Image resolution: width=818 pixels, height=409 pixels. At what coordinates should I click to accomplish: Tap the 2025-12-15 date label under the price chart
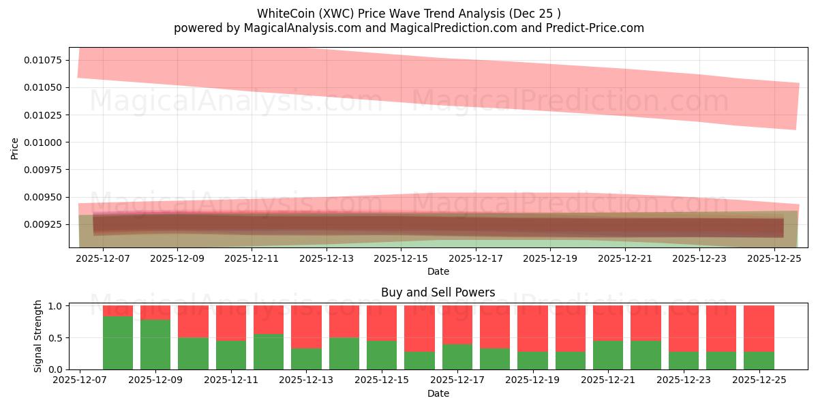pos(401,259)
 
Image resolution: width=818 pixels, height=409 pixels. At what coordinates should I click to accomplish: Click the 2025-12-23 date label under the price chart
pos(701,259)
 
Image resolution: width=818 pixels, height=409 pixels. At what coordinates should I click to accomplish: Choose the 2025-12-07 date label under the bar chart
pos(80,381)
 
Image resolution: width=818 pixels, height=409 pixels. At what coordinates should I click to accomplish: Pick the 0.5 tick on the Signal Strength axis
pos(55,337)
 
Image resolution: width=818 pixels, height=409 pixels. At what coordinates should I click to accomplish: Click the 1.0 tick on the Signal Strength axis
pos(55,306)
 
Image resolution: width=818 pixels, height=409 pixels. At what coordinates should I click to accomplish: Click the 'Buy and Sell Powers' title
pos(438,292)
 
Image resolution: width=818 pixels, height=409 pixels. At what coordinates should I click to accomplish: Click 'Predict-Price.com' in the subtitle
pos(598,28)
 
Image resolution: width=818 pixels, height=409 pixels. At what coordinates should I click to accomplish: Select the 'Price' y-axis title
pos(15,148)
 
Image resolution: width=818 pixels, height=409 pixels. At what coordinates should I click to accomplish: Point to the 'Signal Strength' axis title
pos(38,336)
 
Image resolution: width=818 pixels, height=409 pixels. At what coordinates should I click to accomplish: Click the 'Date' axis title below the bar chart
pos(438,393)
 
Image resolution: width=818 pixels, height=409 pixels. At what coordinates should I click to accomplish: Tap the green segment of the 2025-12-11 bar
pos(231,354)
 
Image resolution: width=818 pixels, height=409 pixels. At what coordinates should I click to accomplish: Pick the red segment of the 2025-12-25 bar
pos(759,329)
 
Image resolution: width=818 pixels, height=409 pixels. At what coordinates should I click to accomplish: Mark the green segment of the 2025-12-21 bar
pos(608,354)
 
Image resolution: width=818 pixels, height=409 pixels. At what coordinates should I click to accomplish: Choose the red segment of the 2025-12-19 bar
pos(532,329)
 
